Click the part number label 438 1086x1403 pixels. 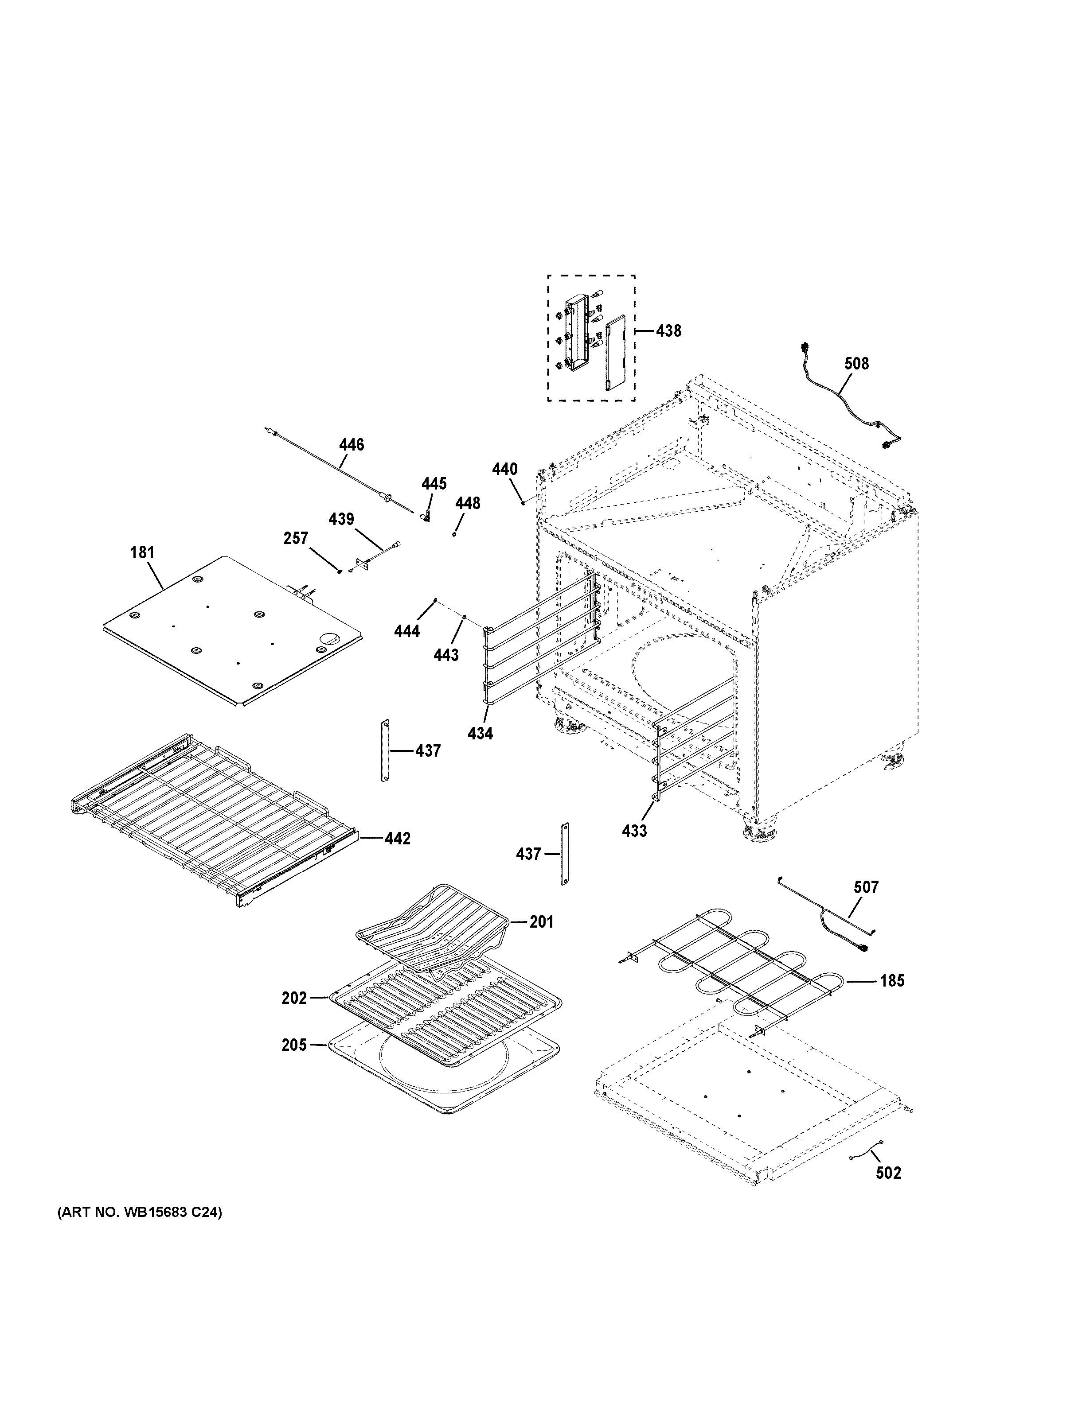pyautogui.click(x=668, y=331)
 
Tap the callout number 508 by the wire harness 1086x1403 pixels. pyautogui.click(x=856, y=364)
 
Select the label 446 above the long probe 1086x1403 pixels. pyautogui.click(x=352, y=444)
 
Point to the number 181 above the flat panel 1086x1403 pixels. pyautogui.click(x=142, y=552)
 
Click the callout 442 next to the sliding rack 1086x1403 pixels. pyautogui.click(x=397, y=838)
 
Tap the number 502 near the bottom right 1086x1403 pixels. pyautogui.click(x=888, y=1173)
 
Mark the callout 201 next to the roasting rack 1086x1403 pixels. pyautogui.click(x=541, y=922)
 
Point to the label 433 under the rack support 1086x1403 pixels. pyautogui.click(x=634, y=831)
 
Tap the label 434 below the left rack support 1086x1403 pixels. pyautogui.click(x=480, y=733)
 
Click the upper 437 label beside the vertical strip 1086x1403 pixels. pyautogui.click(x=428, y=750)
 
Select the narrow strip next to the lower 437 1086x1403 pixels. pyautogui.click(x=566, y=855)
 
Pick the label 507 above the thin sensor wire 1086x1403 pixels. pyautogui.click(x=866, y=887)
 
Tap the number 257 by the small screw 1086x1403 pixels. pyautogui.click(x=296, y=538)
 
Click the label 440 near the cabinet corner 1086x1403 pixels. pyautogui.click(x=504, y=470)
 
